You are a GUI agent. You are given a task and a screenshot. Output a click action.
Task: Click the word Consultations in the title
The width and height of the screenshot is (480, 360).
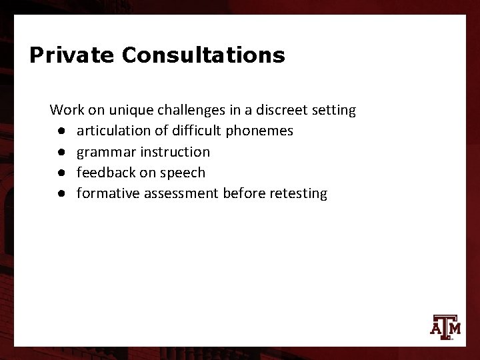click(203, 55)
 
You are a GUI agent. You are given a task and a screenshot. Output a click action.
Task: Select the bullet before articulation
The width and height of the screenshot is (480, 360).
click(61, 131)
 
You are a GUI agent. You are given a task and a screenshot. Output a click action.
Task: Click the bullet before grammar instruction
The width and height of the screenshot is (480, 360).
click(61, 152)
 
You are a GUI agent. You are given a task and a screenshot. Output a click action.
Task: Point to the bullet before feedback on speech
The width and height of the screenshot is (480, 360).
click(61, 173)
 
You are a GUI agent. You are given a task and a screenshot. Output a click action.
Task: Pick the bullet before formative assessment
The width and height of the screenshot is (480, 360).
click(61, 194)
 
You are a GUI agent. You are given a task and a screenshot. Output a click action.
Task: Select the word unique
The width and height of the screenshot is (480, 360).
click(125, 109)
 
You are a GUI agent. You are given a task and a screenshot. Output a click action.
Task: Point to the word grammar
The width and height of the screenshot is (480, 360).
click(104, 152)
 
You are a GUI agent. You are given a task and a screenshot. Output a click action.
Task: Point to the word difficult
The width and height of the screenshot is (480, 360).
click(187, 131)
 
